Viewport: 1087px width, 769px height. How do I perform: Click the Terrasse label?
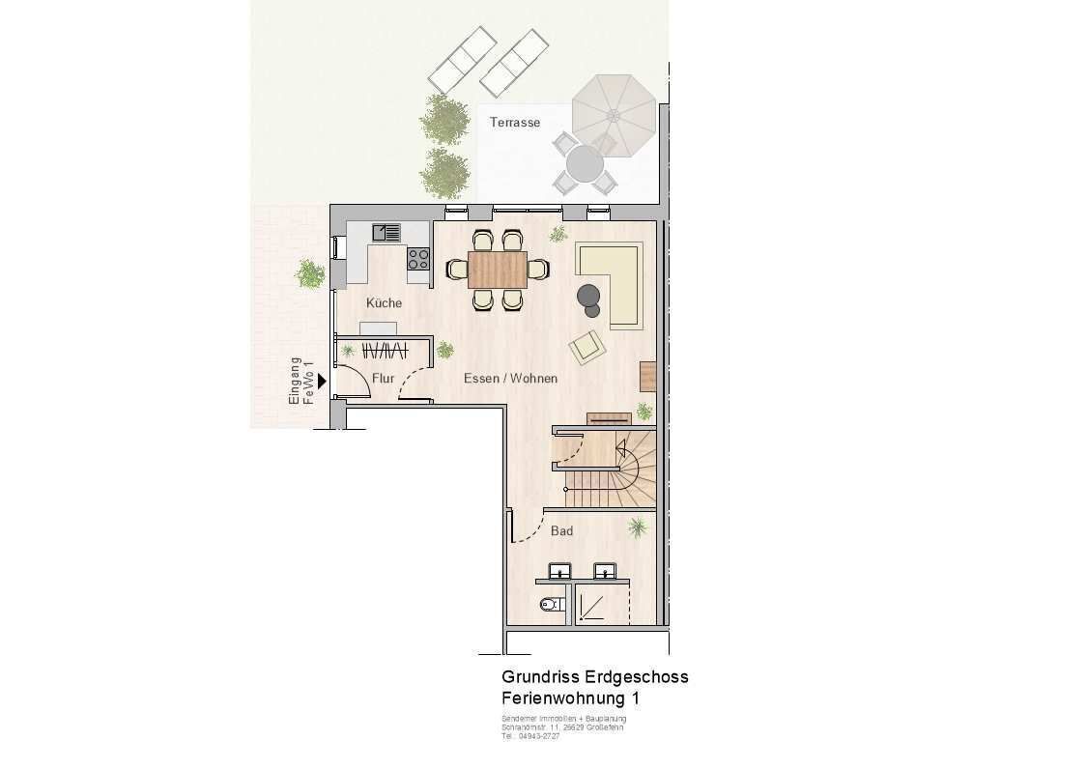tap(514, 123)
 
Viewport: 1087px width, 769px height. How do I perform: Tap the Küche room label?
tap(384, 303)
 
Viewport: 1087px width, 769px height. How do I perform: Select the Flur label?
tap(384, 379)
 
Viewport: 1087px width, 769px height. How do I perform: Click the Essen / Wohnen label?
tap(510, 379)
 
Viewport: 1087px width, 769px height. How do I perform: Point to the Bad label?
tap(561, 531)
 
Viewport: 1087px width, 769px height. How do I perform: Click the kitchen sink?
tap(387, 232)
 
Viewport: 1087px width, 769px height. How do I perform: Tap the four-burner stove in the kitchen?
tap(418, 258)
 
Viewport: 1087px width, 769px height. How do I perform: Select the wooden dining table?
tap(498, 269)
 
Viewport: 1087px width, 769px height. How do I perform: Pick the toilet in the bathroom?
tap(550, 606)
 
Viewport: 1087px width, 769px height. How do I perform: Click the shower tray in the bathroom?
tap(592, 606)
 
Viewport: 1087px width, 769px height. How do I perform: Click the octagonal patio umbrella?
tap(614, 115)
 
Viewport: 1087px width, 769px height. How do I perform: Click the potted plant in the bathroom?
tap(638, 527)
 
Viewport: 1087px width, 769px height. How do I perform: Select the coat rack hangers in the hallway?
tap(383, 350)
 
